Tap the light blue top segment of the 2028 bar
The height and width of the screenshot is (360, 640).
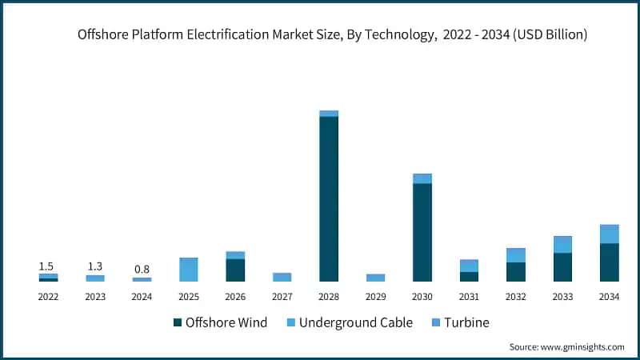pyautogui.click(x=329, y=114)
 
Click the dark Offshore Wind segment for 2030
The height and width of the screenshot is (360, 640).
pyautogui.click(x=422, y=232)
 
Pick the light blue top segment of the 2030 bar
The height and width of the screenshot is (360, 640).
pyautogui.click(x=422, y=178)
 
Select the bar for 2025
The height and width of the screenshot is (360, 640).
pyautogui.click(x=189, y=270)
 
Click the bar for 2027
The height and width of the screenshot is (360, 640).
pyautogui.click(x=282, y=277)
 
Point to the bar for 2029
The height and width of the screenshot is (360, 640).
pyautogui.click(x=375, y=278)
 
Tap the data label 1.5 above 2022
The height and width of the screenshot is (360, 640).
pyautogui.click(x=47, y=266)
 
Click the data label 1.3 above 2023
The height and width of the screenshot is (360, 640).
pyautogui.click(x=94, y=266)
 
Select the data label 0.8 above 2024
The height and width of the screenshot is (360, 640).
pyautogui.click(x=142, y=270)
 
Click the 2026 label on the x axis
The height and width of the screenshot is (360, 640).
pyautogui.click(x=235, y=296)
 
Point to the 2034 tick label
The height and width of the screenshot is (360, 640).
pyautogui.click(x=610, y=296)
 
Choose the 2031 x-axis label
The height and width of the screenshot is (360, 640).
pyautogui.click(x=469, y=296)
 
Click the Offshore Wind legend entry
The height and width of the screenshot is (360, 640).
pyautogui.click(x=220, y=322)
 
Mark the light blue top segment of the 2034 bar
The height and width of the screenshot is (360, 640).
pyautogui.click(x=610, y=234)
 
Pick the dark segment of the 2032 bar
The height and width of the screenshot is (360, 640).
pyautogui.click(x=516, y=272)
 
